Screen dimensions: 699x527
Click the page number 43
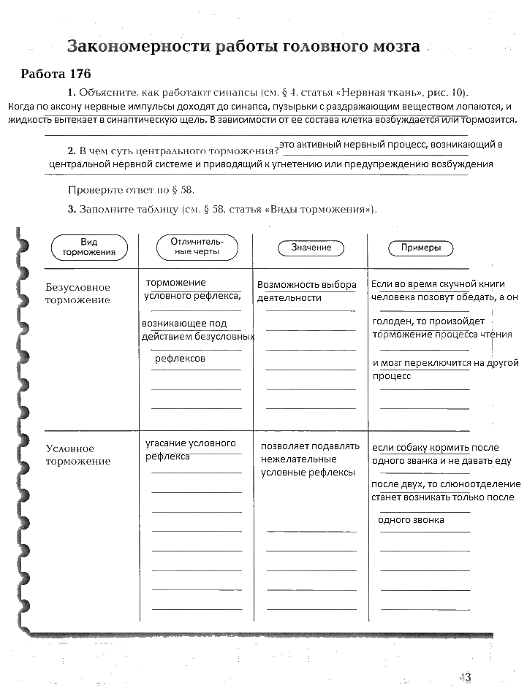pos(464,677)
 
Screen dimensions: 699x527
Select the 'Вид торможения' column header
pos(89,247)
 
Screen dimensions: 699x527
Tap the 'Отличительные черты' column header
pos(197,247)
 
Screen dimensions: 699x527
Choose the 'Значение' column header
pos(311,248)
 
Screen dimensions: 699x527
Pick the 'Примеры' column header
pos(420,248)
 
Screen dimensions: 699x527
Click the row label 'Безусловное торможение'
pos(77,294)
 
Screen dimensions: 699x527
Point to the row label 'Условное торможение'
pos(78,454)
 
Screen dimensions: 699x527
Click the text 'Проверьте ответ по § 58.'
pos(132,190)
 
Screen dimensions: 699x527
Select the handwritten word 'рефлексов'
pos(180,359)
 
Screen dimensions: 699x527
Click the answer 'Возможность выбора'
pos(307,285)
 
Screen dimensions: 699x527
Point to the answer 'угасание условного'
pos(191,443)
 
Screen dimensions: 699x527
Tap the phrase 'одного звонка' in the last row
pos(411,519)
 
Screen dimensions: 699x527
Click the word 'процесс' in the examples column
pos(393,376)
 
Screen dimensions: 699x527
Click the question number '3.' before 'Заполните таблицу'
pos(72,210)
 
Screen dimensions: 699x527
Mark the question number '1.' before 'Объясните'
pos(72,93)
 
